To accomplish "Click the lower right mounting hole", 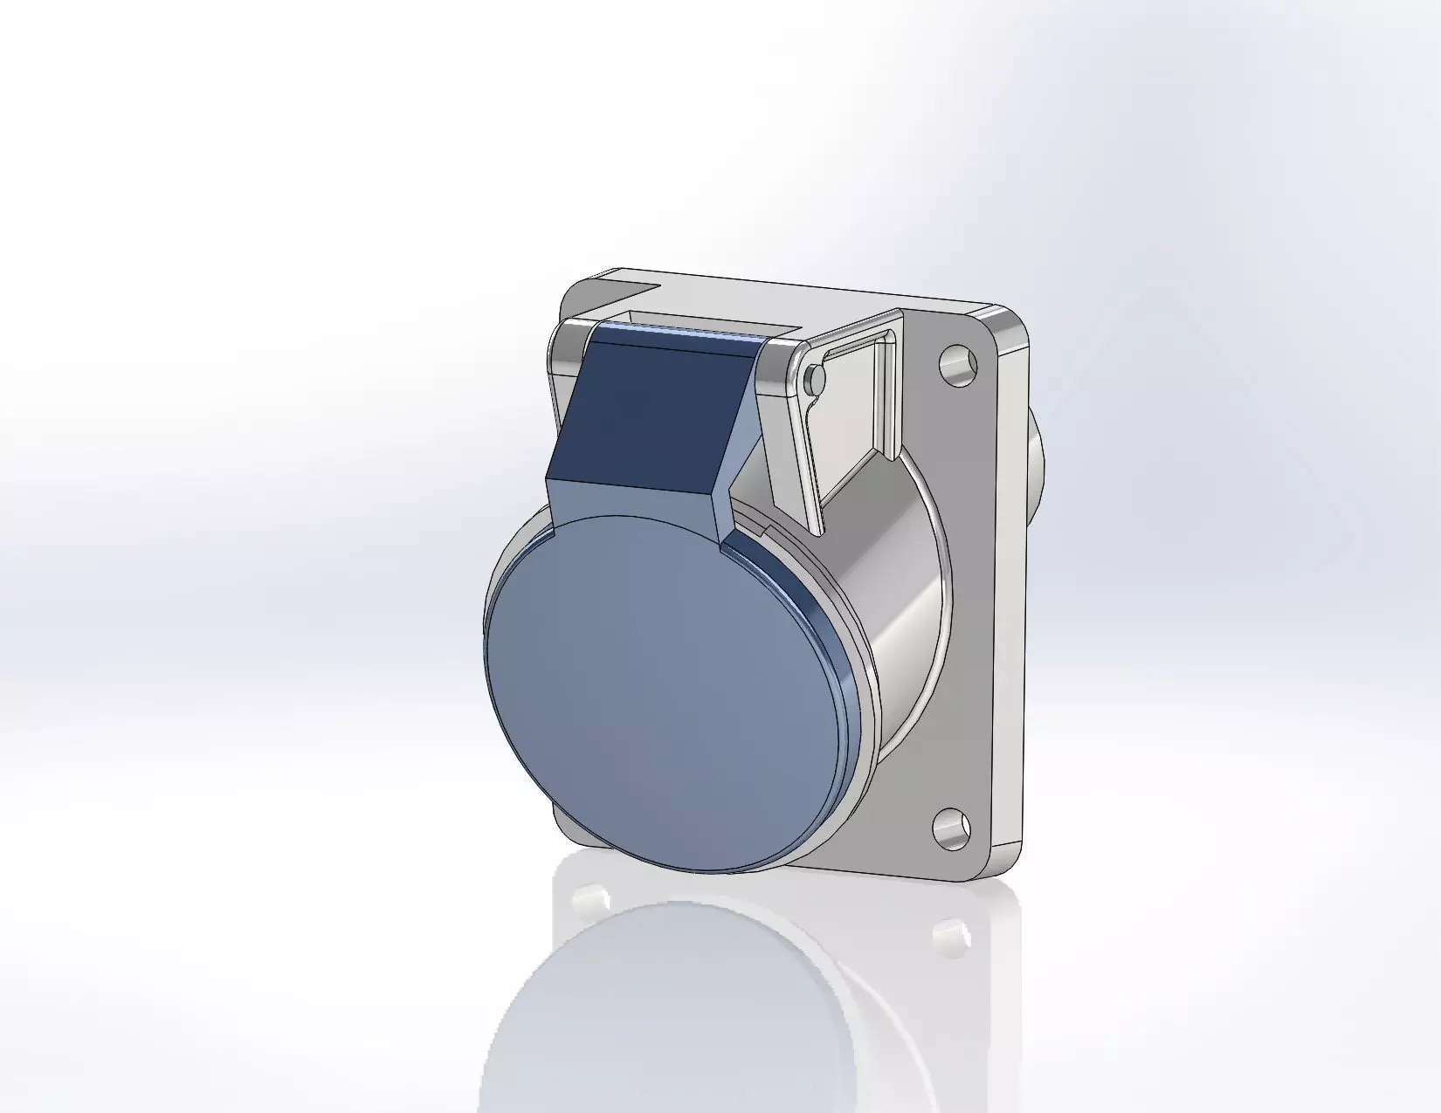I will click(951, 826).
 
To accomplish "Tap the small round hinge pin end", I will click(814, 376).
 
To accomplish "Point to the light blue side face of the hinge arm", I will click(742, 436).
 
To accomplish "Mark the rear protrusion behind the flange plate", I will click(1037, 463).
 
